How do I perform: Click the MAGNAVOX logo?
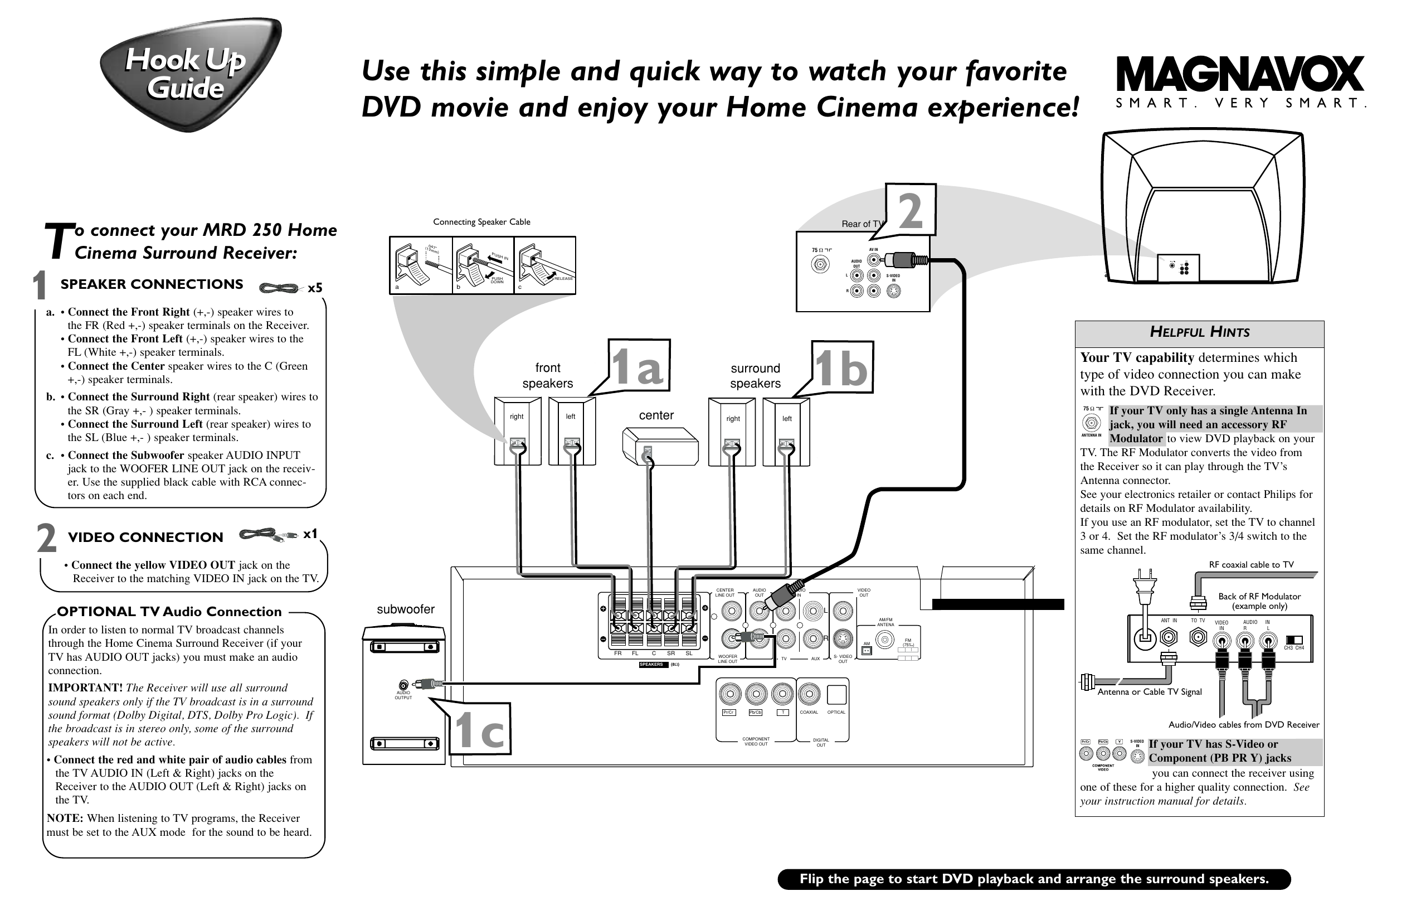tap(1239, 74)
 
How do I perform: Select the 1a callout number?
tap(637, 367)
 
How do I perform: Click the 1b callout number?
tap(841, 368)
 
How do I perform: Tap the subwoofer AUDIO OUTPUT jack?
tap(404, 685)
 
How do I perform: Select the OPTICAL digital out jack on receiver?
tap(836, 695)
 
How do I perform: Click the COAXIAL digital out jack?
tap(809, 695)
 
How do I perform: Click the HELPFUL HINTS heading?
tap(1199, 332)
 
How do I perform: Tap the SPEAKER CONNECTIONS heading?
tap(152, 284)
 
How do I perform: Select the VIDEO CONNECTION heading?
tap(145, 537)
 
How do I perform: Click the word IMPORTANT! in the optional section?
tap(85, 687)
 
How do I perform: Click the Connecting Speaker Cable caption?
tap(481, 222)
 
